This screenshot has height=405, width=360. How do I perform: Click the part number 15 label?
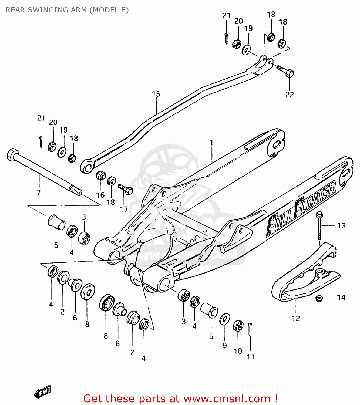point(156,94)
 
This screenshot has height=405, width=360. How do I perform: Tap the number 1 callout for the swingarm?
point(211,143)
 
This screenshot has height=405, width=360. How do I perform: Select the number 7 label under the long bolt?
point(39,193)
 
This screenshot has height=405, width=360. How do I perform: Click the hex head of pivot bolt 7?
point(12,155)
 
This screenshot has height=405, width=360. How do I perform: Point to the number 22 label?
point(290,94)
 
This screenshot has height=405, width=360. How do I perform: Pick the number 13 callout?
point(342,225)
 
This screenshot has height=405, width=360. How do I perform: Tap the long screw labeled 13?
point(319,226)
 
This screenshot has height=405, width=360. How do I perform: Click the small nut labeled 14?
point(319,298)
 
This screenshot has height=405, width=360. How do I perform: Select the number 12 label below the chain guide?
point(296,319)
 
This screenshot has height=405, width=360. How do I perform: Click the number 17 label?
point(124,209)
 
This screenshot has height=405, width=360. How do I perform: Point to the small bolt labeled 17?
point(126,189)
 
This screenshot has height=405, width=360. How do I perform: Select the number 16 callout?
point(100,195)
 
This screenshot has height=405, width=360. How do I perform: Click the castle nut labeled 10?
point(238,326)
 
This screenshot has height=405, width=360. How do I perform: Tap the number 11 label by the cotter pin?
point(251,357)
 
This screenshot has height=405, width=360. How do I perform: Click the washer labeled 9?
point(225,319)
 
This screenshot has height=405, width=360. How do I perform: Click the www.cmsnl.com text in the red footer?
point(227,399)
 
